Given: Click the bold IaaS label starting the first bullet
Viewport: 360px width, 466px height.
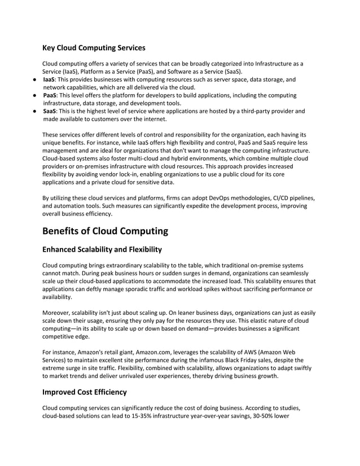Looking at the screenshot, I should click(49, 80).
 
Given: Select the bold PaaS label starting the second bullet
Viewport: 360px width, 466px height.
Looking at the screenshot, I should click(50, 96).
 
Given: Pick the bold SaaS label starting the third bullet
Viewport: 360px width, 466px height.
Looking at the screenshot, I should click(50, 112).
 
